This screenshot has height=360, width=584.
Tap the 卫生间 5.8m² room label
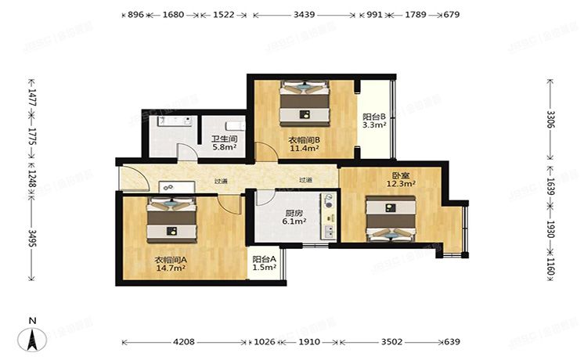(224, 143)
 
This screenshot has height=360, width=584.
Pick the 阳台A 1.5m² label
(265, 263)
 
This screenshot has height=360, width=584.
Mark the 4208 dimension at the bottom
(184, 342)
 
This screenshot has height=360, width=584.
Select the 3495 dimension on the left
(32, 237)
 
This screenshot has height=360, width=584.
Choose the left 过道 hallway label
(221, 181)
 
